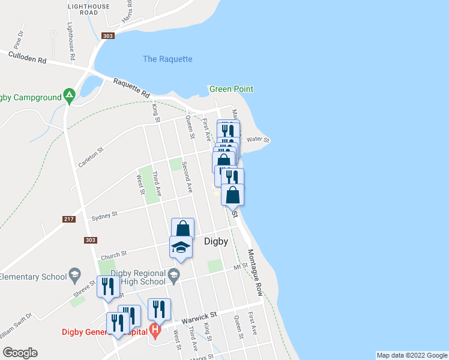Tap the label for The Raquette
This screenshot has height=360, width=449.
click(167, 59)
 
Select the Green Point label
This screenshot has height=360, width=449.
click(231, 89)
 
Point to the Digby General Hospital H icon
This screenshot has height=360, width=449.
click(155, 329)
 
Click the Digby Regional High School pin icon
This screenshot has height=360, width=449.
click(174, 276)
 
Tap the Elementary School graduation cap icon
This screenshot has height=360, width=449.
click(74, 276)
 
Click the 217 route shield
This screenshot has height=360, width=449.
click(69, 219)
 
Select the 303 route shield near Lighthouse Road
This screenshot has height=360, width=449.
click(108, 36)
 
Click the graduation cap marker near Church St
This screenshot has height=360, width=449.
click(181, 247)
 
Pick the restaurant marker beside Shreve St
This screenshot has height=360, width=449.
click(108, 287)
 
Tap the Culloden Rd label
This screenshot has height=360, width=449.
click(28, 57)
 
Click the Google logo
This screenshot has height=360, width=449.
click(20, 353)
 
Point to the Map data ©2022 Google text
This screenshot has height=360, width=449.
click(411, 355)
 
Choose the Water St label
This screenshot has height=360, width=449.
click(259, 139)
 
